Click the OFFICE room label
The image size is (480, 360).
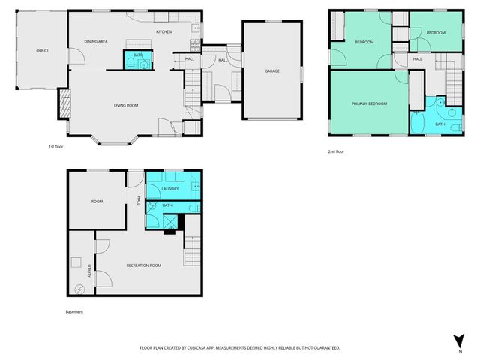43,51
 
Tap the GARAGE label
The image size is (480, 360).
272,71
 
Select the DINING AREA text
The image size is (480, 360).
95,42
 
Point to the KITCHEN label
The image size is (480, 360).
164,32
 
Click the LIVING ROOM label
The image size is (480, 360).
126,105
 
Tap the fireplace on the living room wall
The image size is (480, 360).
64,103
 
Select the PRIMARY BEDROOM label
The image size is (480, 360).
369,103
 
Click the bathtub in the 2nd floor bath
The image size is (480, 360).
417,123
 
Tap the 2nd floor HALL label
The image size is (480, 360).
417,58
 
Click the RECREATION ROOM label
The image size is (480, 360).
144,265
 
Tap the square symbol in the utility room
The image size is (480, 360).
76,262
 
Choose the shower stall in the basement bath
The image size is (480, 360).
172,221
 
